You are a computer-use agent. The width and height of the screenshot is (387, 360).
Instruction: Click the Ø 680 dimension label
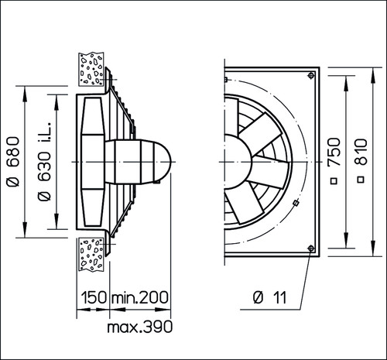pos(13,162)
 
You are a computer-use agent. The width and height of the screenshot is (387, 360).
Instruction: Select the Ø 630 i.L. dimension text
pos(44,161)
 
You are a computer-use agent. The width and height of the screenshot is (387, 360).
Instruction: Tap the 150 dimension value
pos(94,297)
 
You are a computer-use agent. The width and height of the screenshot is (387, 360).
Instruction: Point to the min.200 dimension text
pos(139,297)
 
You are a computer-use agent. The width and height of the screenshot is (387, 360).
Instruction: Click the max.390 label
pos(139,327)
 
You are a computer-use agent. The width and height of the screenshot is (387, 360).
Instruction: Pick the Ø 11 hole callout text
pos(270,298)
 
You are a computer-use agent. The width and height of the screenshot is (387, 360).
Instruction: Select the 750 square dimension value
pos(334,152)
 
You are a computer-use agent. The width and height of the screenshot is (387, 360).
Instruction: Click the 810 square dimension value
pos(361,152)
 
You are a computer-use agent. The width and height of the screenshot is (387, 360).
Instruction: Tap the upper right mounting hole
pos(311,75)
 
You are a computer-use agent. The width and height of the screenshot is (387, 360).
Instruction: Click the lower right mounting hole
pos(311,249)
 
